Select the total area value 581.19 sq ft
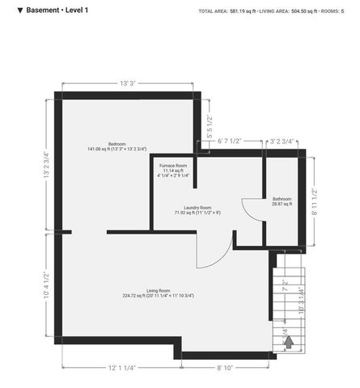[248, 11]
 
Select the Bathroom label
[282, 201]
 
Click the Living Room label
[158, 293]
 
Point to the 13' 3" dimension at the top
[127, 83]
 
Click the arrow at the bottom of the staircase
[288, 341]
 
